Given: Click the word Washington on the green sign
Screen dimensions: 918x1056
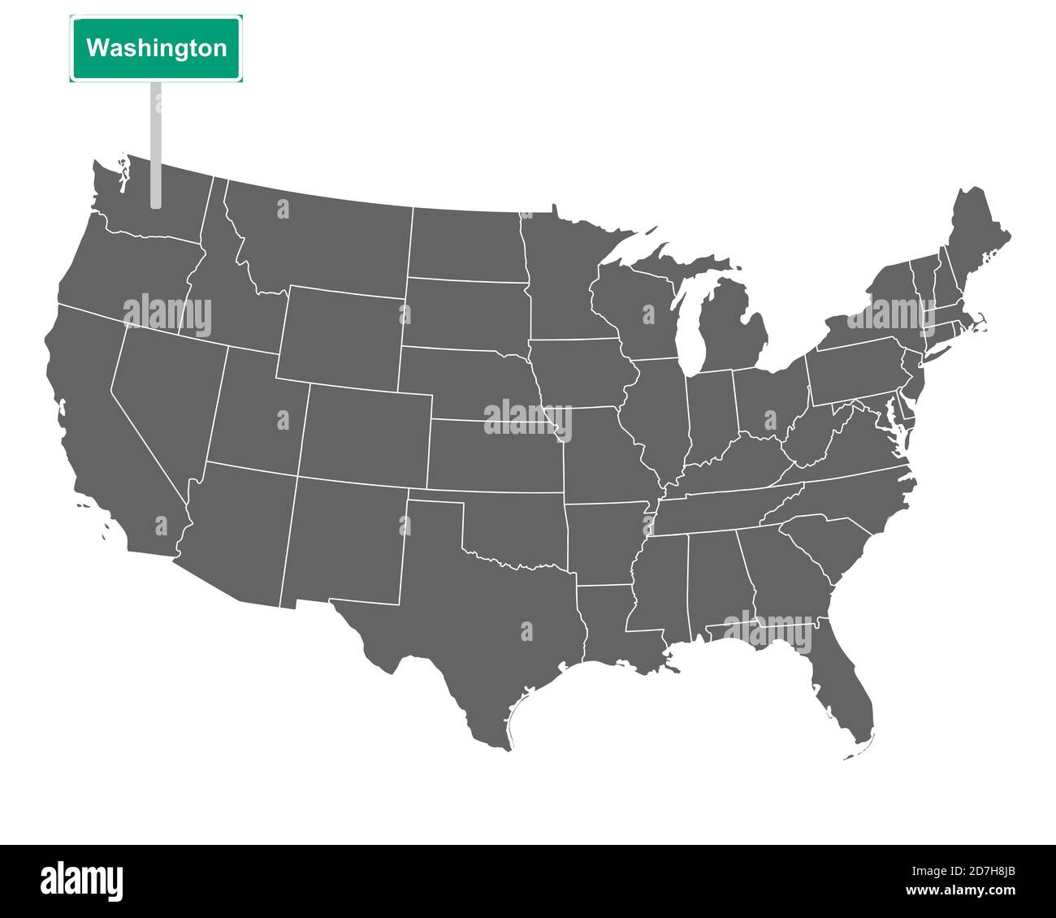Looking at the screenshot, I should pyautogui.click(x=156, y=48).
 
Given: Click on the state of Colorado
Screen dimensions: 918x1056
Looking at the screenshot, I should pyautogui.click(x=366, y=435).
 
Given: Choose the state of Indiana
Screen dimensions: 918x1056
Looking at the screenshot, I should pyautogui.click(x=712, y=414).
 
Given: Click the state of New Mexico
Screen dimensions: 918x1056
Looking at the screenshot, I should pyautogui.click(x=345, y=540).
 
